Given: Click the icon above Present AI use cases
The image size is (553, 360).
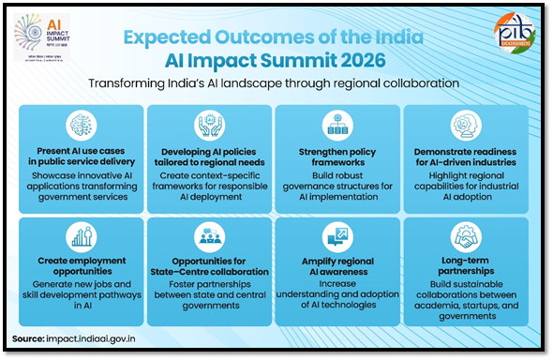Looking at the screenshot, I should click(x=82, y=126).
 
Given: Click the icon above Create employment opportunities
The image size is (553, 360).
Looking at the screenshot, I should click(x=82, y=238).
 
